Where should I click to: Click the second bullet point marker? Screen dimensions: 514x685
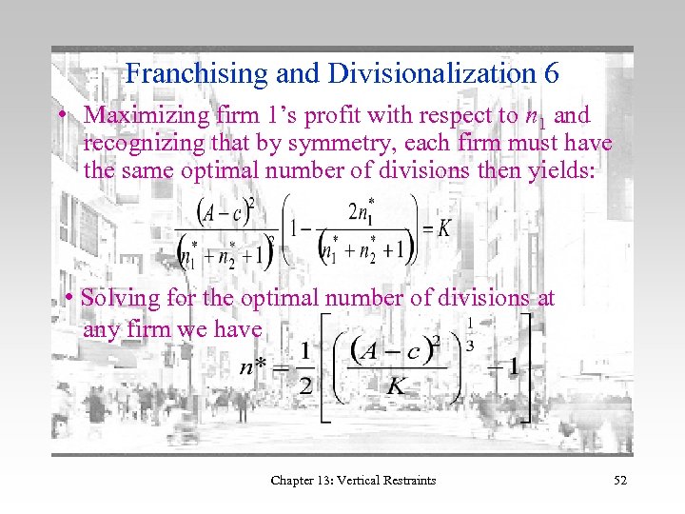click(69, 299)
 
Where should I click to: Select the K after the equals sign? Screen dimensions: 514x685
click(443, 229)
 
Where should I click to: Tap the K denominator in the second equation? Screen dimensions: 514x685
click(397, 386)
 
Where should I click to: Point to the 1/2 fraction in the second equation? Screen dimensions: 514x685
click(304, 366)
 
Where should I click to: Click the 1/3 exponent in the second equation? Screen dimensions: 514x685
click(470, 334)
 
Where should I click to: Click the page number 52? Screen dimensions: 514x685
click(619, 480)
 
